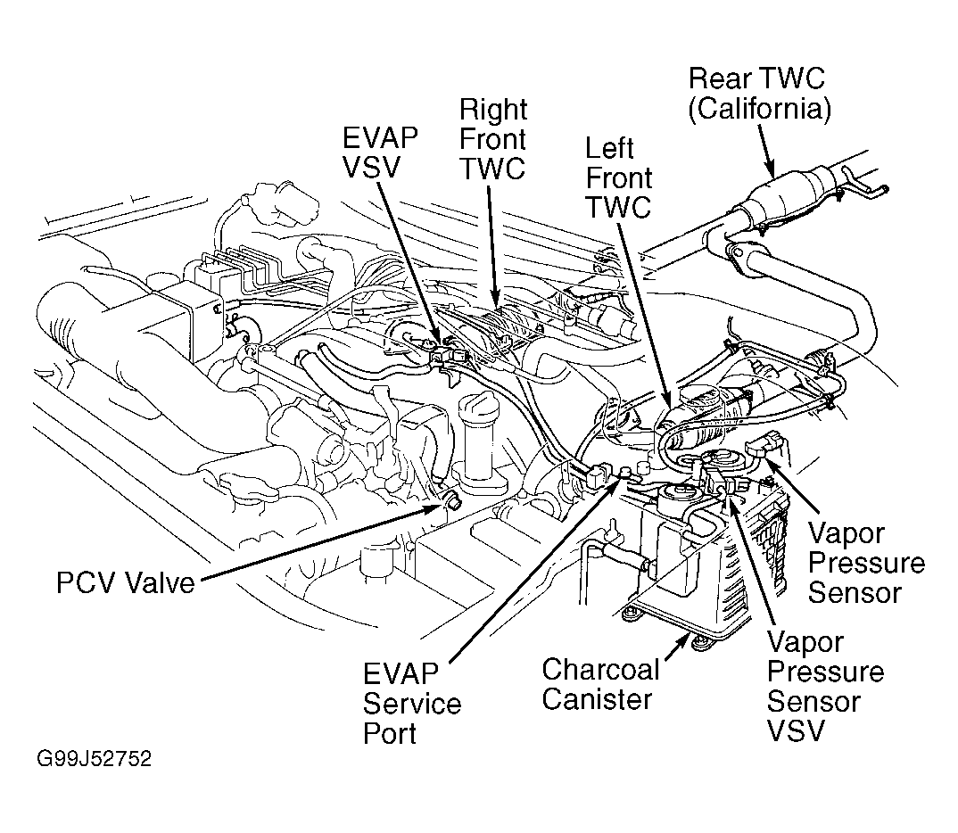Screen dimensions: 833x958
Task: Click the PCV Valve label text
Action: [125, 584]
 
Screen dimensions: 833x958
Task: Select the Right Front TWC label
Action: [492, 140]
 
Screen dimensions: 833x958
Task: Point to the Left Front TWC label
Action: [618, 177]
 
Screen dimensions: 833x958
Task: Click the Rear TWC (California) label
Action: [760, 93]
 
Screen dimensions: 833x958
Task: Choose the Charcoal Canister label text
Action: [601, 684]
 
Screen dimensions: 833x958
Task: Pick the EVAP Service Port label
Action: [411, 704]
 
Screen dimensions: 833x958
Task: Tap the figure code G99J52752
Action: [94, 760]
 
